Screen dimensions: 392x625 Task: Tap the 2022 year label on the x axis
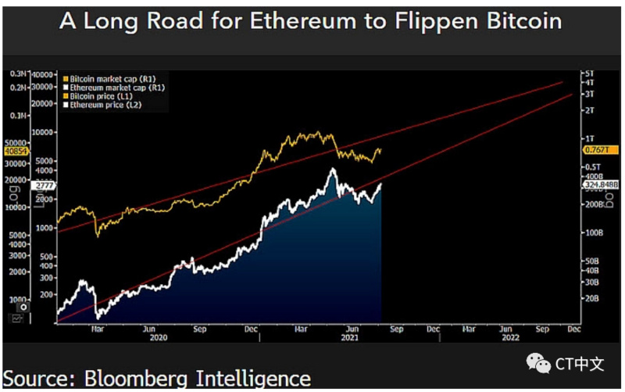pyautogui.click(x=510, y=338)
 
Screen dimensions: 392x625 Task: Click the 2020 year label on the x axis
pyautogui.click(x=159, y=338)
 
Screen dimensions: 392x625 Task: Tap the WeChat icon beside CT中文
pyautogui.click(x=537, y=363)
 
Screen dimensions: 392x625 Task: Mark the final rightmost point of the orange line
pyautogui.click(x=380, y=149)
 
